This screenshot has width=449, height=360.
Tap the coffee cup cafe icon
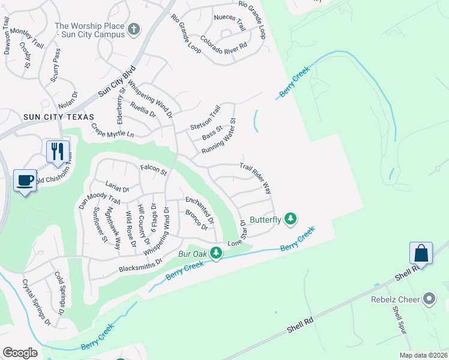tap(25, 181)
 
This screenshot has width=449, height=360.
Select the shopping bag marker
tap(421, 253)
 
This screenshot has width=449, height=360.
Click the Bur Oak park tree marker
tap(216, 254)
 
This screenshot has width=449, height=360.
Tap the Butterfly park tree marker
tap(291, 219)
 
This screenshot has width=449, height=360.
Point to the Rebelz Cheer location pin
tap(429, 298)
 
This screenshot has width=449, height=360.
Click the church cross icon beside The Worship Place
tap(133, 29)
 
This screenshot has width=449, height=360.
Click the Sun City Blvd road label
tap(118, 81)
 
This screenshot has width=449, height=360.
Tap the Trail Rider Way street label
tap(255, 179)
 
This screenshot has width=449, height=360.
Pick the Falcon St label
tap(153, 171)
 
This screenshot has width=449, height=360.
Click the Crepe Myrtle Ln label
tap(112, 131)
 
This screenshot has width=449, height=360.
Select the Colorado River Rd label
tap(224, 44)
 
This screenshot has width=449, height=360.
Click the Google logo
tap(20, 353)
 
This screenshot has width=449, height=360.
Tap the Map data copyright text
tap(423, 355)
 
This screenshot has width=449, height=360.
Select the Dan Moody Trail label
tap(100, 195)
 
